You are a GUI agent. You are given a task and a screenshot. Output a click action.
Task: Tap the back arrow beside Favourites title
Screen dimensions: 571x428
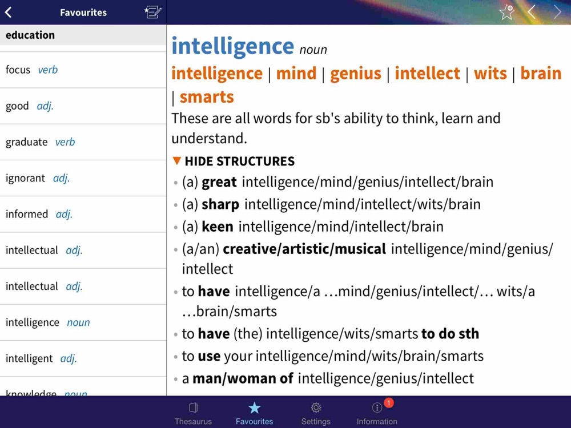pyautogui.click(x=9, y=13)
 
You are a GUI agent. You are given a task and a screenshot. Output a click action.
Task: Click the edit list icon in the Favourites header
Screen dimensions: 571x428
pyautogui.click(x=152, y=12)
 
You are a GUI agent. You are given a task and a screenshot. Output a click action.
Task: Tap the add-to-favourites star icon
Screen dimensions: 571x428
pyautogui.click(x=506, y=13)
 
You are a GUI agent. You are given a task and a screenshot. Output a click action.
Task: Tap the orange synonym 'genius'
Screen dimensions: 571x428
pyautogui.click(x=355, y=73)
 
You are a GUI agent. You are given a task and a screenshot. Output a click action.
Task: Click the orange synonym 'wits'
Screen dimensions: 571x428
pyautogui.click(x=490, y=73)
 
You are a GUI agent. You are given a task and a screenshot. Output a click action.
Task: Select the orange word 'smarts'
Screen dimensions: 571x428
pyautogui.click(x=207, y=97)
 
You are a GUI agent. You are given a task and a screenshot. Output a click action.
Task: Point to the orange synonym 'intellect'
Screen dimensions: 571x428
pyautogui.click(x=427, y=73)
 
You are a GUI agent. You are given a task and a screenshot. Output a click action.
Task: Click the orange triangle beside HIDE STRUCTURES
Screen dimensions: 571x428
pyautogui.click(x=177, y=161)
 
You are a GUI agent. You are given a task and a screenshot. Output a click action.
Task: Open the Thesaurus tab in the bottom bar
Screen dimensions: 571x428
pyautogui.click(x=193, y=413)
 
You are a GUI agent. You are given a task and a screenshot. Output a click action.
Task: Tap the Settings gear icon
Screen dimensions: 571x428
pyautogui.click(x=316, y=407)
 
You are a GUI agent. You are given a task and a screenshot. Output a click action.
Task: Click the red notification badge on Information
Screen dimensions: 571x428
pyautogui.click(x=388, y=402)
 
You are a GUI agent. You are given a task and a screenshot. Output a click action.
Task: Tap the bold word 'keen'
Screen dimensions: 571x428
pyautogui.click(x=218, y=227)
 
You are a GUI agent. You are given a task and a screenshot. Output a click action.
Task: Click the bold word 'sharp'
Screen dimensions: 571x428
pyautogui.click(x=220, y=204)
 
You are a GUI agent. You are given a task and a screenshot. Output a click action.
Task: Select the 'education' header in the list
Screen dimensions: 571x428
pyautogui.click(x=30, y=35)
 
